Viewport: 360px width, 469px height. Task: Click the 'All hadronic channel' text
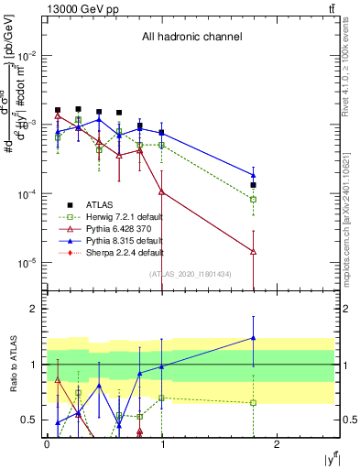191,38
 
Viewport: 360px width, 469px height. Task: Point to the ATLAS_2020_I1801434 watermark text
191,273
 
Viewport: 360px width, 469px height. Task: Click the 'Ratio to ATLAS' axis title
12,363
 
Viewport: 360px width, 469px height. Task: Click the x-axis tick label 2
278,443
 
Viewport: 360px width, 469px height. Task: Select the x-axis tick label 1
162,443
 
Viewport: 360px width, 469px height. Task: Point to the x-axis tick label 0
47,443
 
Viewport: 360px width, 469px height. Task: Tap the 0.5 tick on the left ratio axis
30,420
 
